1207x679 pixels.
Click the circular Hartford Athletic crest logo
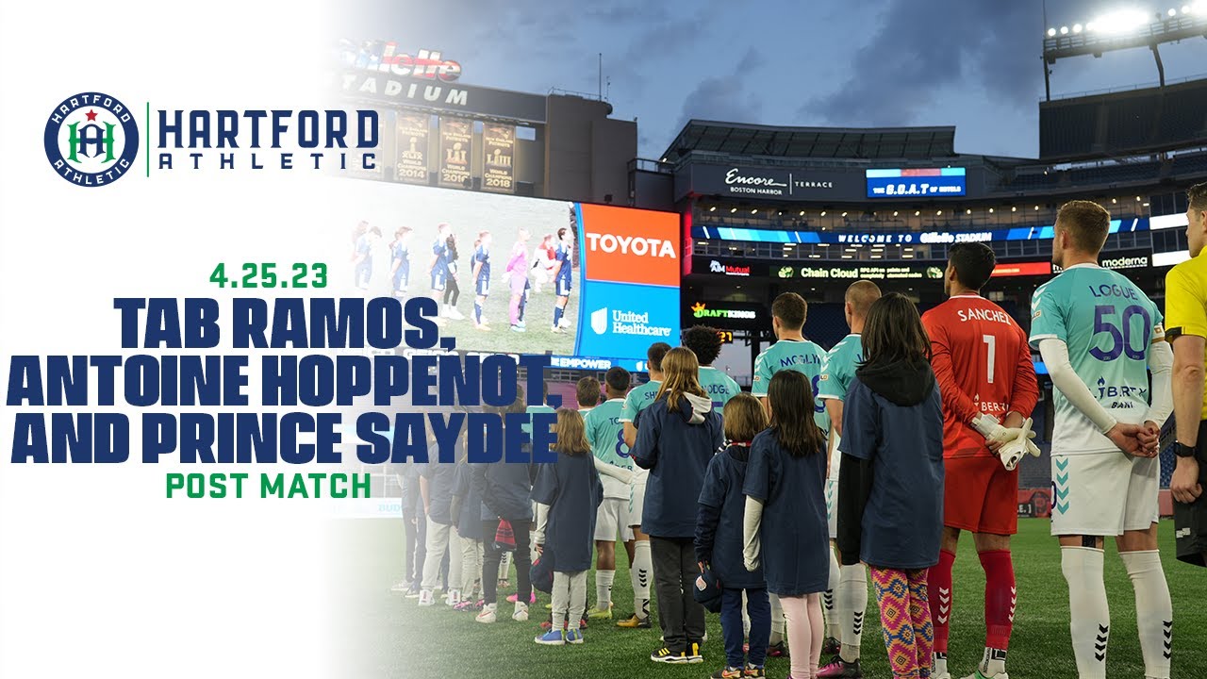(91, 140)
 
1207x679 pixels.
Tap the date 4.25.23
(269, 276)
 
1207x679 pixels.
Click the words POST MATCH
(269, 486)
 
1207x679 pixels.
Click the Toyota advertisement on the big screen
(630, 245)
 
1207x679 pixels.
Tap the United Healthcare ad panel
(630, 322)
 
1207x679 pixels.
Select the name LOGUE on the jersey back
(1113, 291)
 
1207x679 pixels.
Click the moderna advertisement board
(1125, 262)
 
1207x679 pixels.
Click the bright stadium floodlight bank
(1121, 21)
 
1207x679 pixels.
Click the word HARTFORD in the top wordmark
(269, 128)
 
